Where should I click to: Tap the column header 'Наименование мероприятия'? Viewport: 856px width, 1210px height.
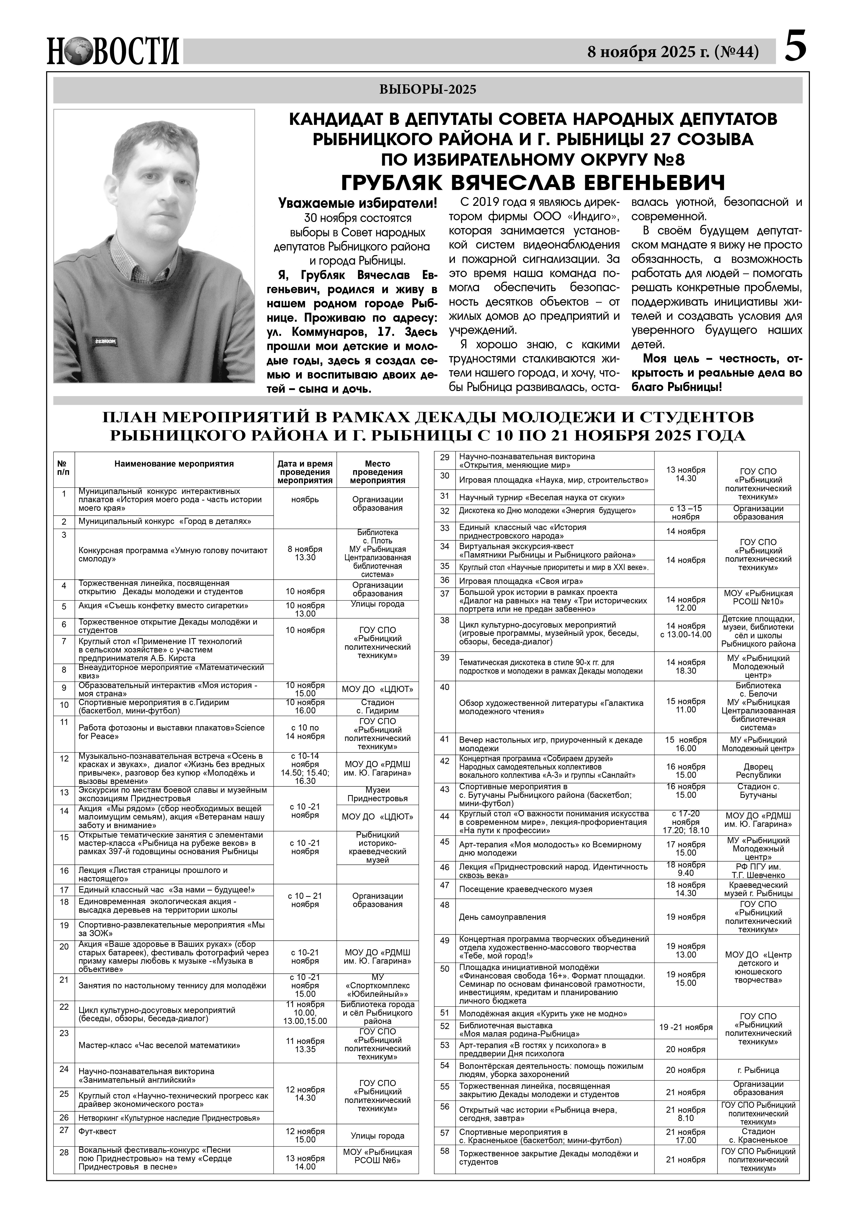coord(174,464)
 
